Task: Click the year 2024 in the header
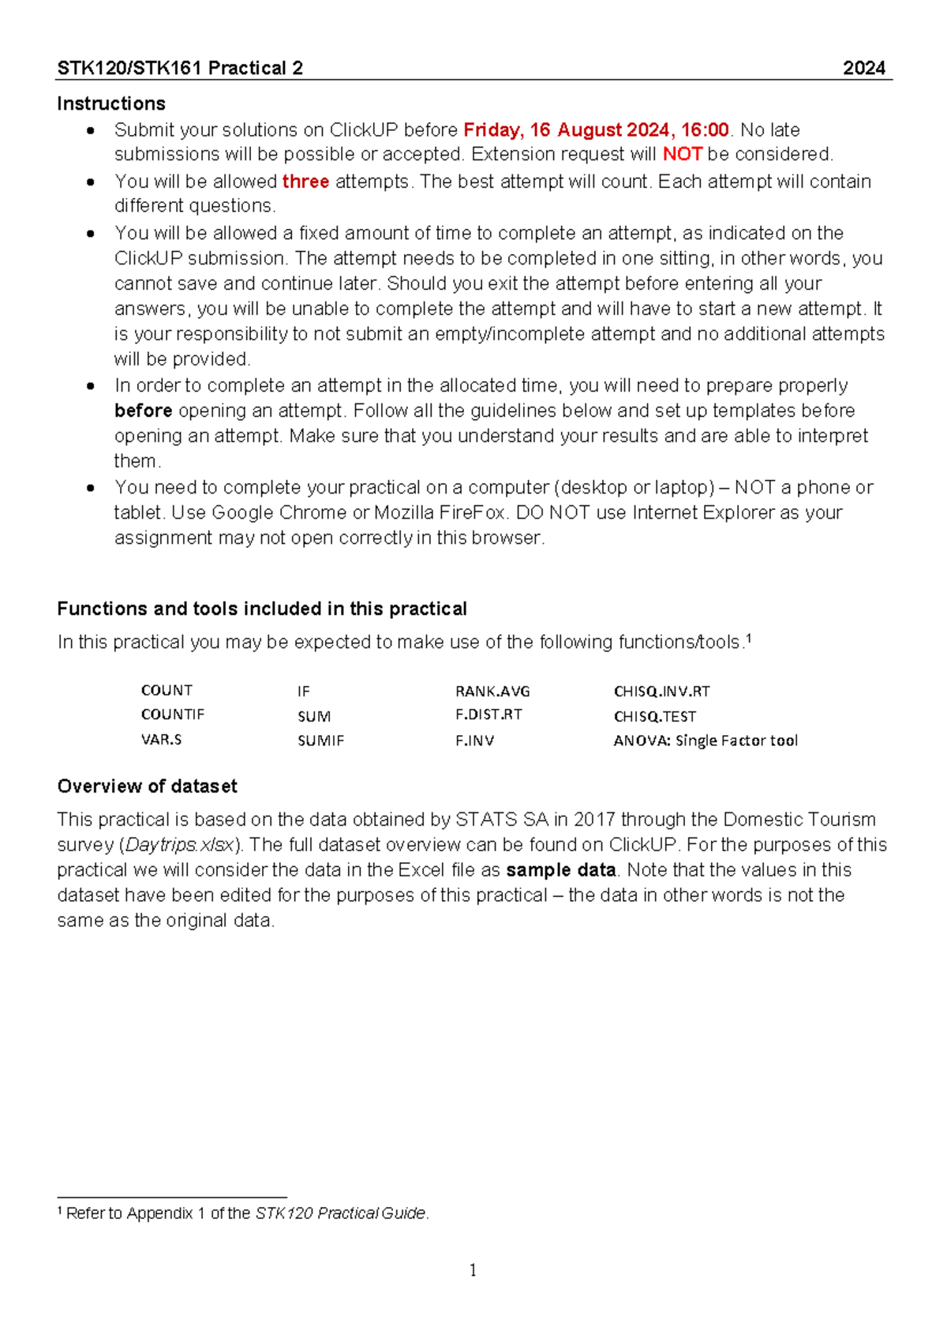point(863,68)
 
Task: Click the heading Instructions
point(111,103)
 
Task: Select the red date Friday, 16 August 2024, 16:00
point(596,129)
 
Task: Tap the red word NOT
point(682,154)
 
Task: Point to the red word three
point(305,182)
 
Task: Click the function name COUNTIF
point(172,715)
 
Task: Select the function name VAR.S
point(161,740)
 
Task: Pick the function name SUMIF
point(320,741)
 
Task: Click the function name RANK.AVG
point(492,692)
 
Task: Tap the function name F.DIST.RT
point(488,715)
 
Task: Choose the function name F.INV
point(474,741)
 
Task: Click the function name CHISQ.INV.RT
point(661,692)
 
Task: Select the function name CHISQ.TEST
point(654,717)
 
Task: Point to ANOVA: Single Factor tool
point(705,741)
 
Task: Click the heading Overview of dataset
point(147,786)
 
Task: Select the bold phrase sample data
point(560,870)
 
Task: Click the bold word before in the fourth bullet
point(143,411)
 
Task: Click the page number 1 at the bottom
point(473,1270)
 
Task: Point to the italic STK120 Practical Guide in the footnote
point(340,1213)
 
